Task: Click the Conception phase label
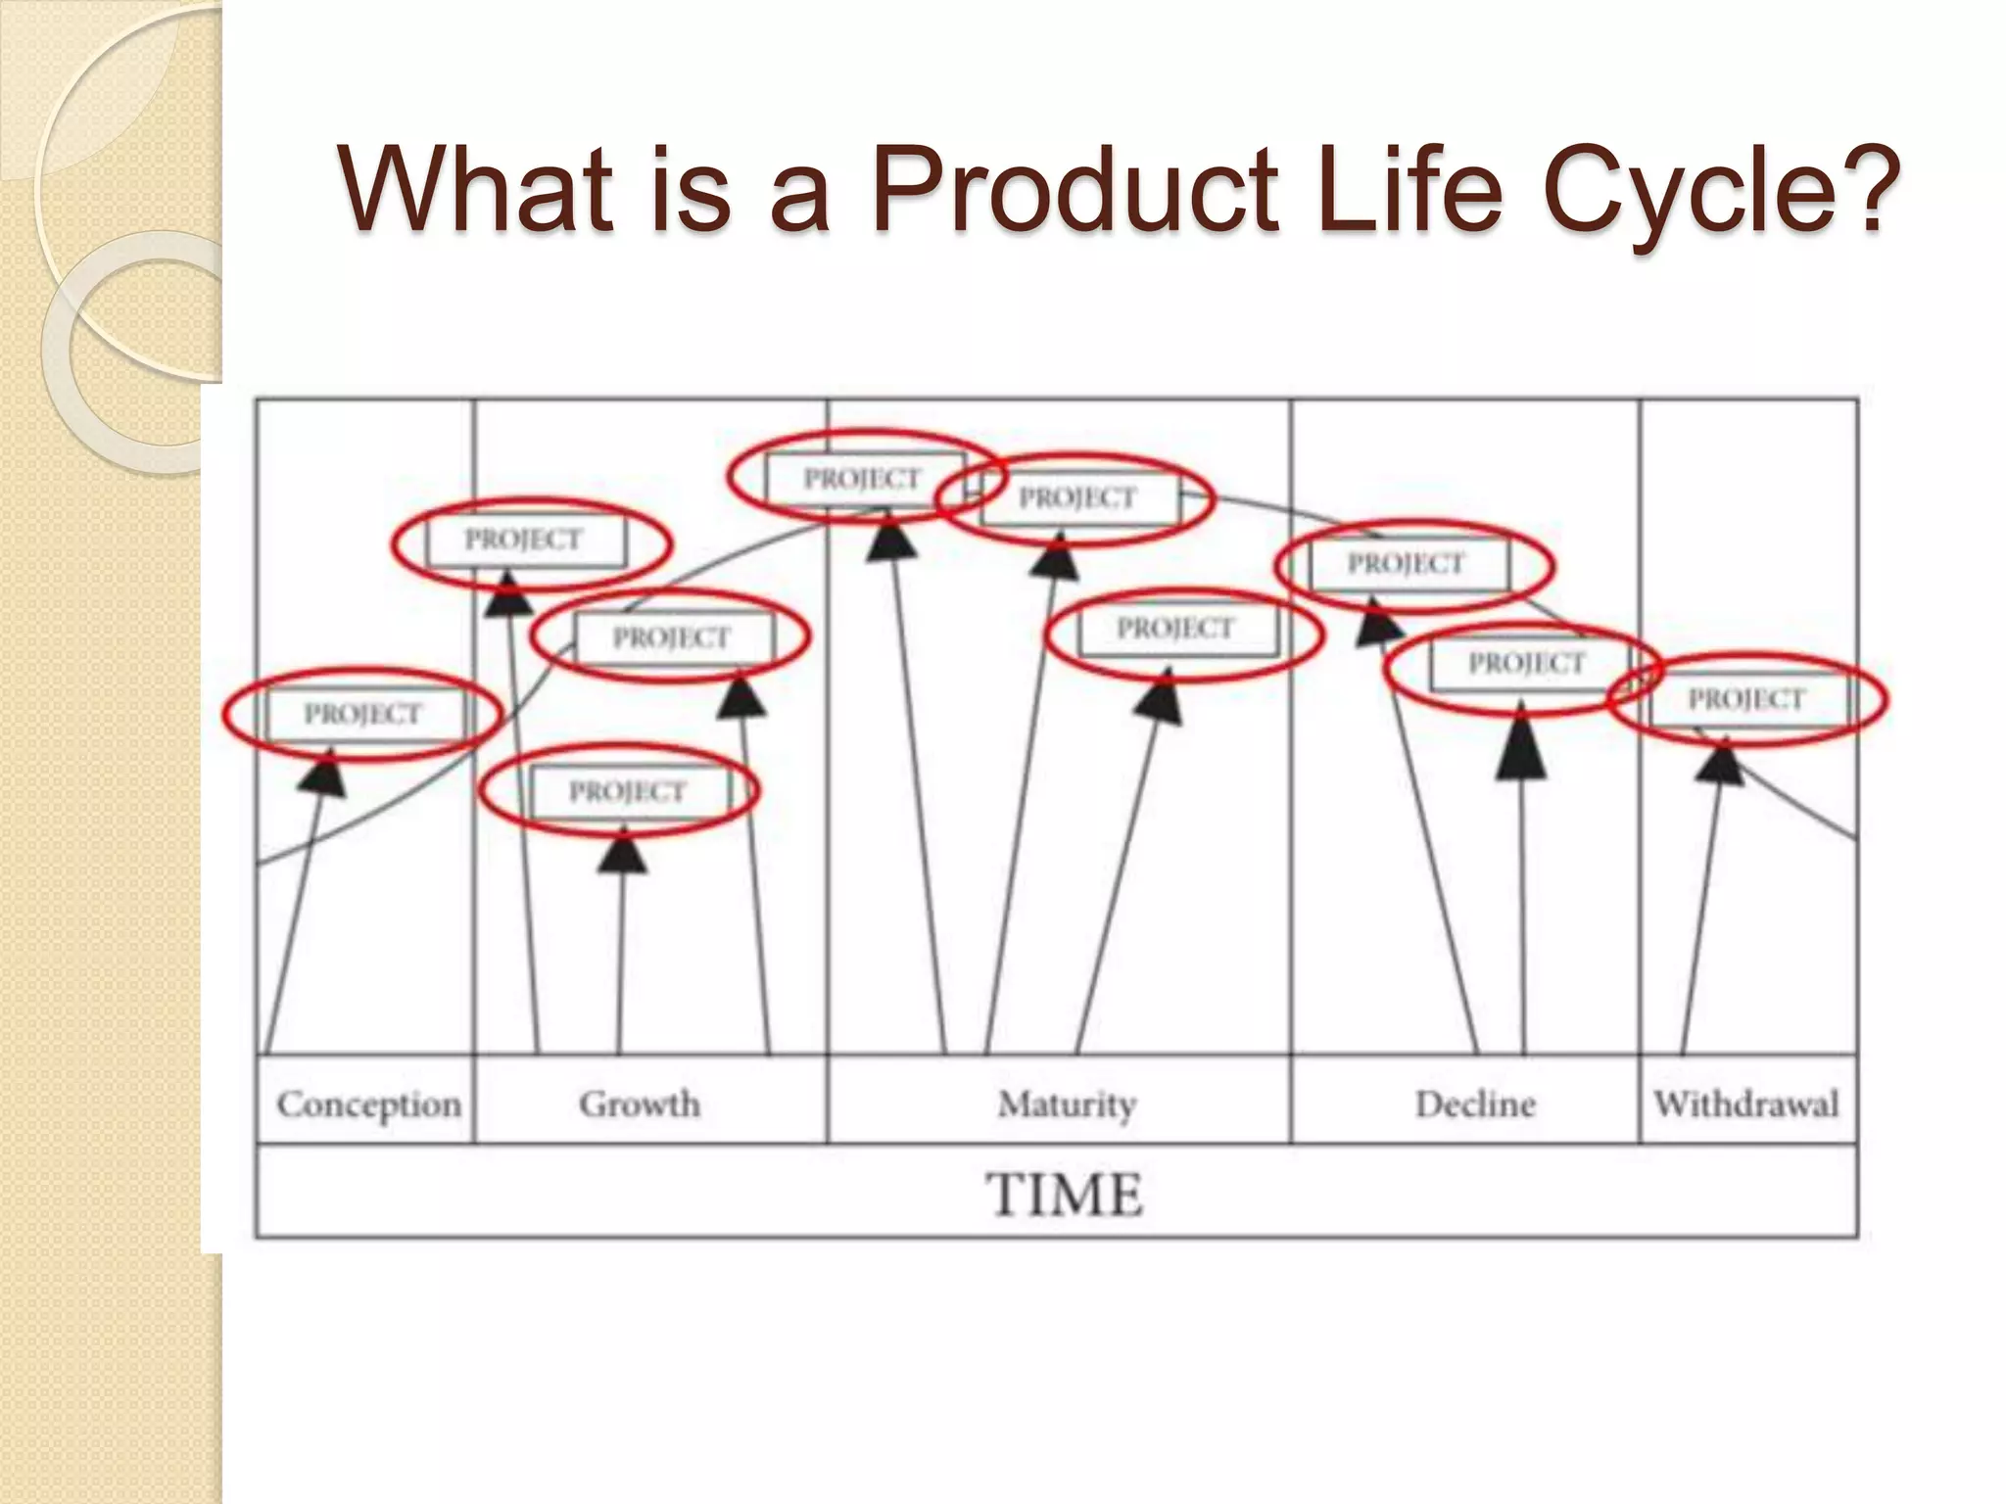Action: (368, 1104)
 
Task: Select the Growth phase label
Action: (640, 1104)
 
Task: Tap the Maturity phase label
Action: (1067, 1104)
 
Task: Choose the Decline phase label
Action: (1475, 1104)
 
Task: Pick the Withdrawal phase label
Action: (1746, 1104)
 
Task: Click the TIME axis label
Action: (1065, 1195)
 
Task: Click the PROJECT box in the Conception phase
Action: (362, 714)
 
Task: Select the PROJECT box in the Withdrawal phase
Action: (1746, 699)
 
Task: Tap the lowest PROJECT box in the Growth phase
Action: (627, 791)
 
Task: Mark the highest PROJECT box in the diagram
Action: (863, 479)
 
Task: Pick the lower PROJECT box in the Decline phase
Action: (1526, 664)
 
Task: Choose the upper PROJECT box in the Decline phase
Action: (1406, 564)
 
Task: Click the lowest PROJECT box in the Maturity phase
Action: (1176, 629)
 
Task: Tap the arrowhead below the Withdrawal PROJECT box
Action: (1720, 762)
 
